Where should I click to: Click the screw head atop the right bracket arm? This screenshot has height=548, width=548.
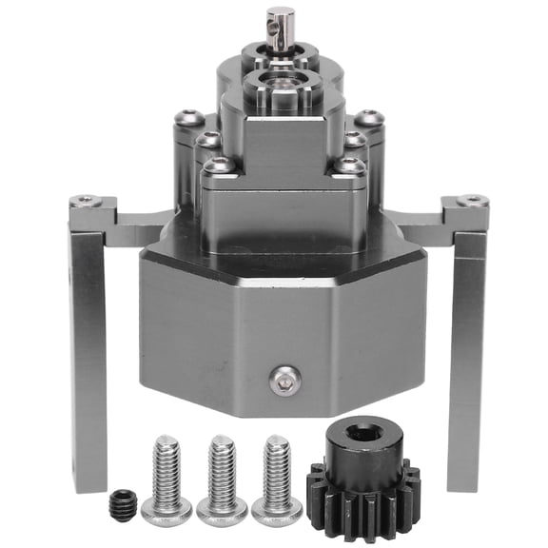pyautogui.click(x=471, y=201)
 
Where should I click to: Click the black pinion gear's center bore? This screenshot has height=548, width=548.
pyautogui.click(x=358, y=435)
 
